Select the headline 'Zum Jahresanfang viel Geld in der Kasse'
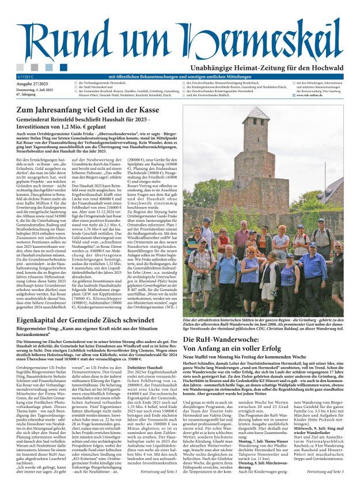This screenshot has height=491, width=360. coord(88,109)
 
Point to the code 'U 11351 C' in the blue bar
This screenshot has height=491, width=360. coord(27,76)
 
